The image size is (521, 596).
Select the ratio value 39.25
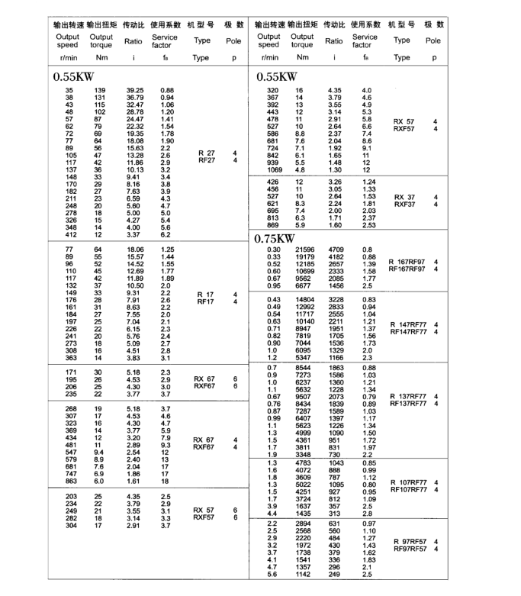click(134, 91)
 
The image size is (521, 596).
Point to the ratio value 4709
click(336, 250)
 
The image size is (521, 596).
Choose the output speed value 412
click(64, 234)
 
